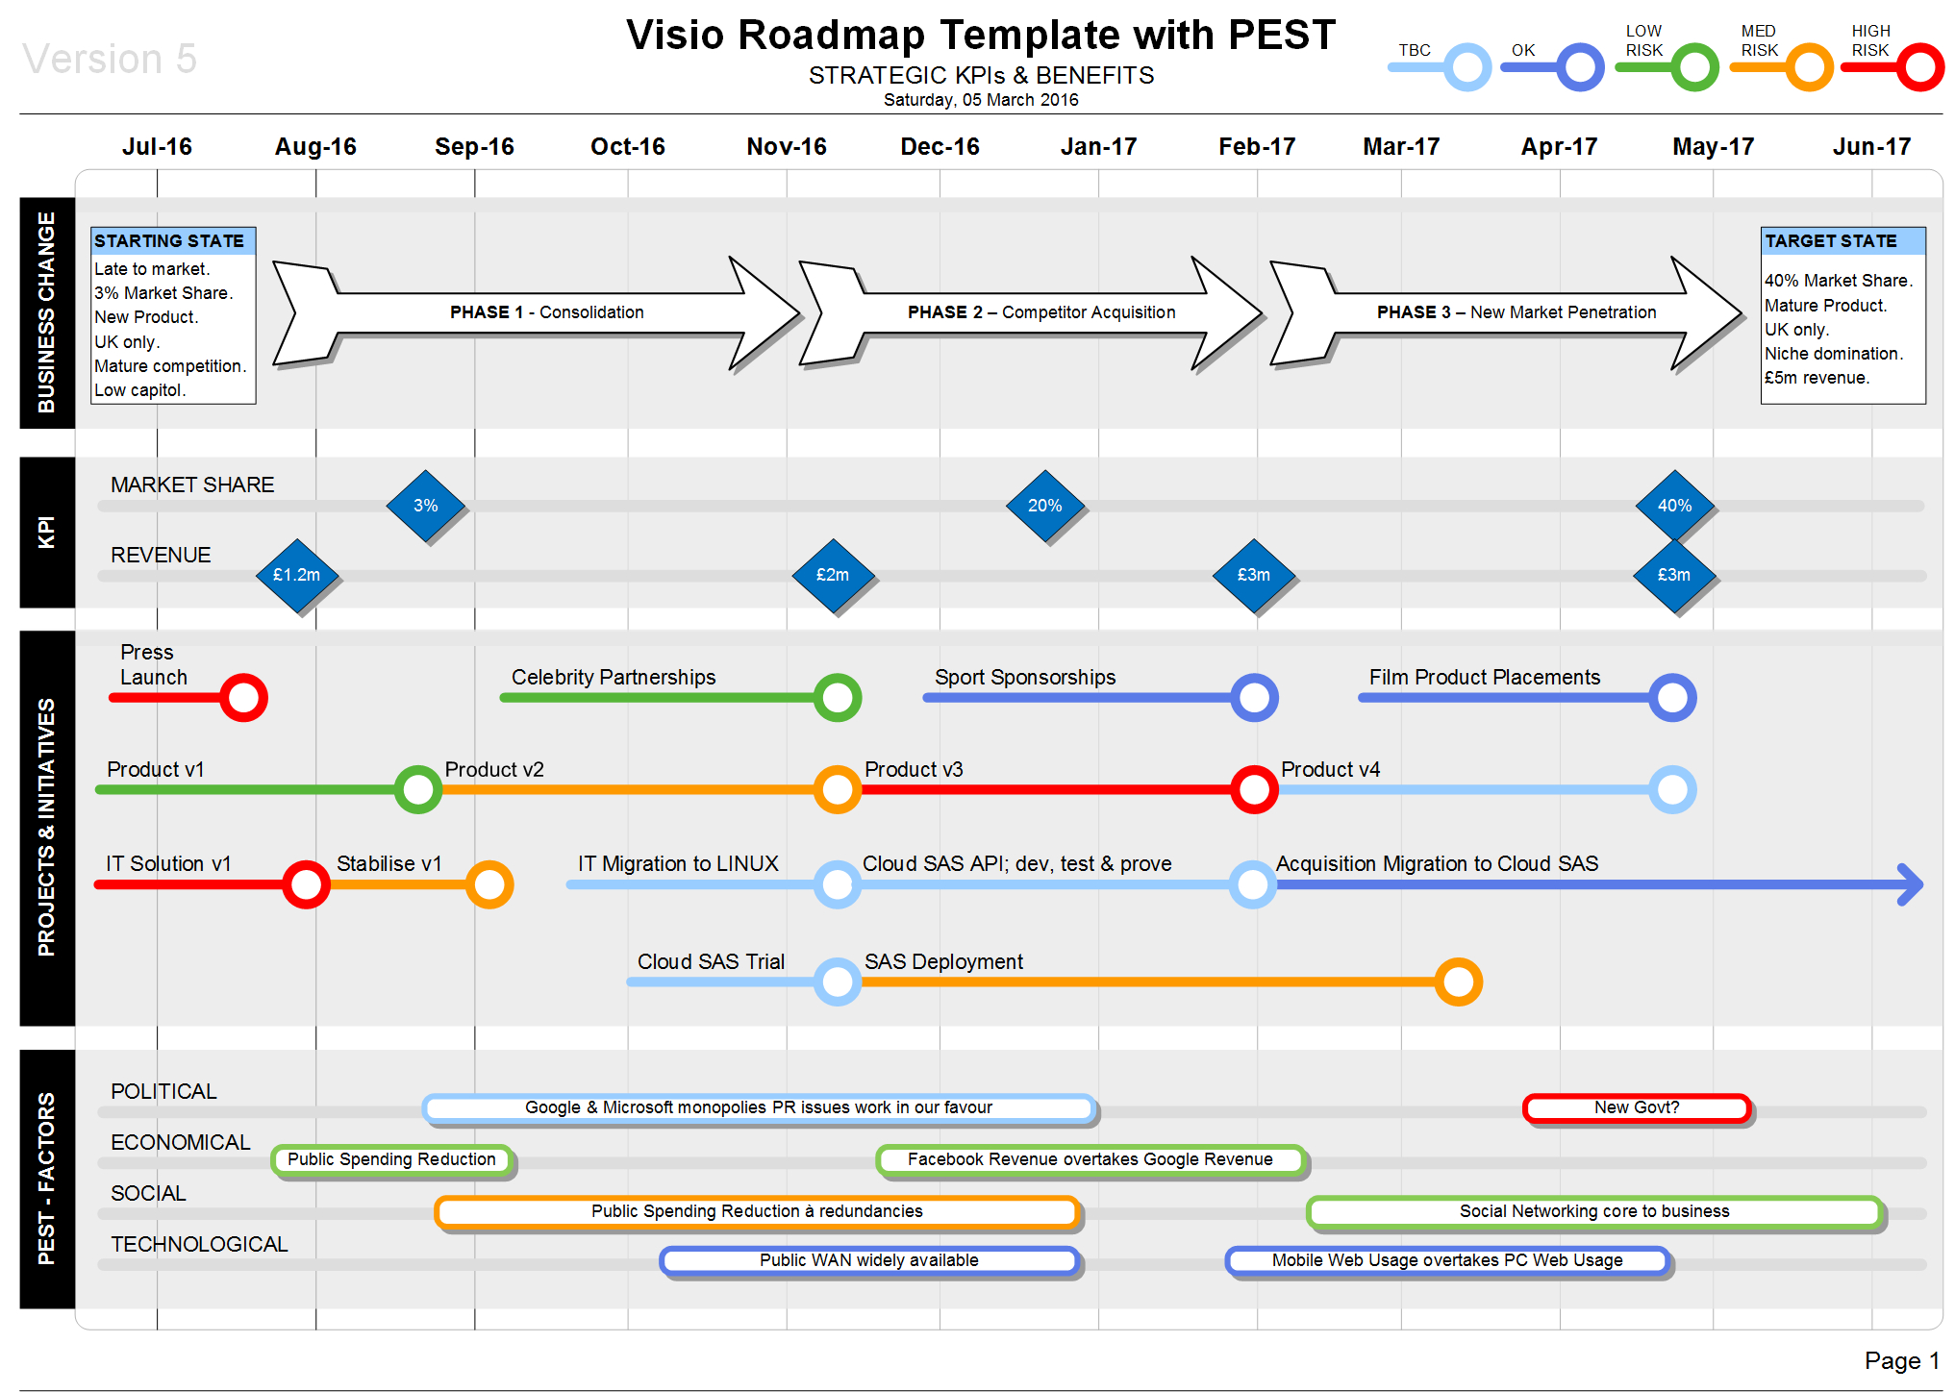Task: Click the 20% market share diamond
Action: click(x=1044, y=506)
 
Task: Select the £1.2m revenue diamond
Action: click(x=296, y=575)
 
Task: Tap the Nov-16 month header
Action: click(x=786, y=146)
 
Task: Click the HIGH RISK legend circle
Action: click(x=1919, y=68)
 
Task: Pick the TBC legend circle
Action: click(x=1467, y=68)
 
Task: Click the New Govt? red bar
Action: click(x=1637, y=1107)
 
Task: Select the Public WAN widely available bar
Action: click(x=869, y=1260)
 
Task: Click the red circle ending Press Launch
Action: click(x=243, y=698)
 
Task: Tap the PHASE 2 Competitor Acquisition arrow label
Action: click(x=1041, y=312)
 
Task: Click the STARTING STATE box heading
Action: click(x=170, y=240)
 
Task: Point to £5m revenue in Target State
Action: click(x=1817, y=378)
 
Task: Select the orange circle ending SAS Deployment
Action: click(x=1458, y=982)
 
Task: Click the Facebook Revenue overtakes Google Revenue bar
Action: click(x=1090, y=1159)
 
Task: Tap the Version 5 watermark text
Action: click(x=110, y=59)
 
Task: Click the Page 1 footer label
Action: click(x=1900, y=1360)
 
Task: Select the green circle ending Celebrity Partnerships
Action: click(x=837, y=698)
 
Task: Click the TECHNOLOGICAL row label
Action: click(x=199, y=1244)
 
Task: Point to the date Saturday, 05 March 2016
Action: click(x=980, y=100)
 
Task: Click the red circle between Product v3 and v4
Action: click(x=1254, y=790)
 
